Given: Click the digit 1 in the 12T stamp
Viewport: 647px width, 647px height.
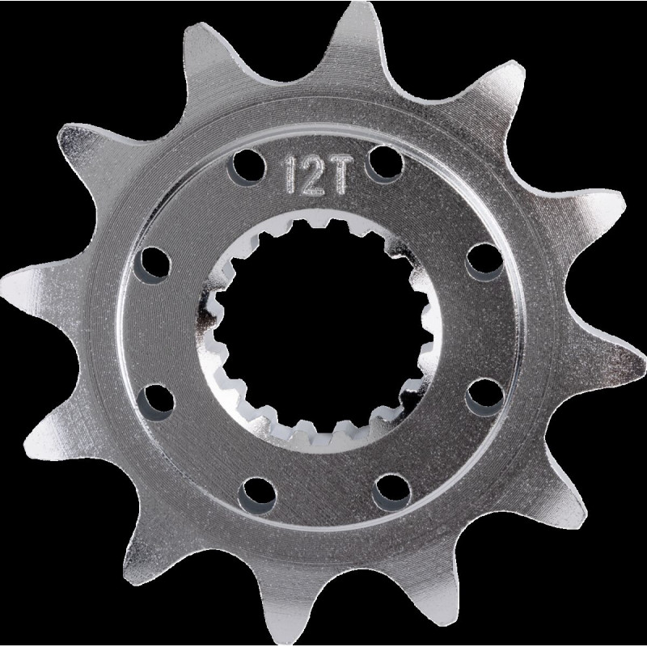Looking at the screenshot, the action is click(x=291, y=175).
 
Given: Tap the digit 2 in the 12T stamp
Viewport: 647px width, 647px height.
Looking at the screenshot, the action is click(x=312, y=175).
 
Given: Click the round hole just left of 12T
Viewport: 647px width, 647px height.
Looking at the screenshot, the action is click(x=247, y=167).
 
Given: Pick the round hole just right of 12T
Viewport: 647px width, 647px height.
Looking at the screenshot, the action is click(x=383, y=164).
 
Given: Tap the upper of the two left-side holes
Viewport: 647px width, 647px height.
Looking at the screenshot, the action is click(x=152, y=265).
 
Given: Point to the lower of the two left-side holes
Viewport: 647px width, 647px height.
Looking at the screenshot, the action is click(x=155, y=402).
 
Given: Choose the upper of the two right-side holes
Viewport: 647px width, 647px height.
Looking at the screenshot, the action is click(x=484, y=262).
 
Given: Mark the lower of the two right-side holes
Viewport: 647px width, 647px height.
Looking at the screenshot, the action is click(x=484, y=397).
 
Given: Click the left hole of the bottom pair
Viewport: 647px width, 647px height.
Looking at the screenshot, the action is click(x=257, y=496).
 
